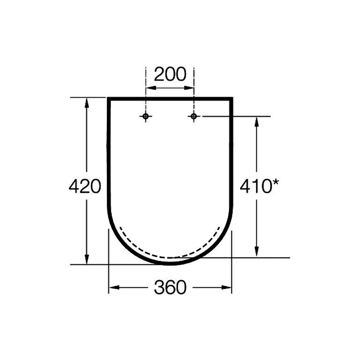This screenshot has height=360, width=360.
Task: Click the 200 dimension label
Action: (x=170, y=74)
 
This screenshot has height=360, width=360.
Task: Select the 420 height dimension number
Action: (x=85, y=186)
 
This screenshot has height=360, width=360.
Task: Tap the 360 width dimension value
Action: (x=170, y=287)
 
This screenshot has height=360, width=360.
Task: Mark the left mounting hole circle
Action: (x=145, y=116)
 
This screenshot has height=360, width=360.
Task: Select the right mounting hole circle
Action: (x=194, y=116)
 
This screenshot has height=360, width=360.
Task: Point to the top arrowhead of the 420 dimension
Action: (x=86, y=103)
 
